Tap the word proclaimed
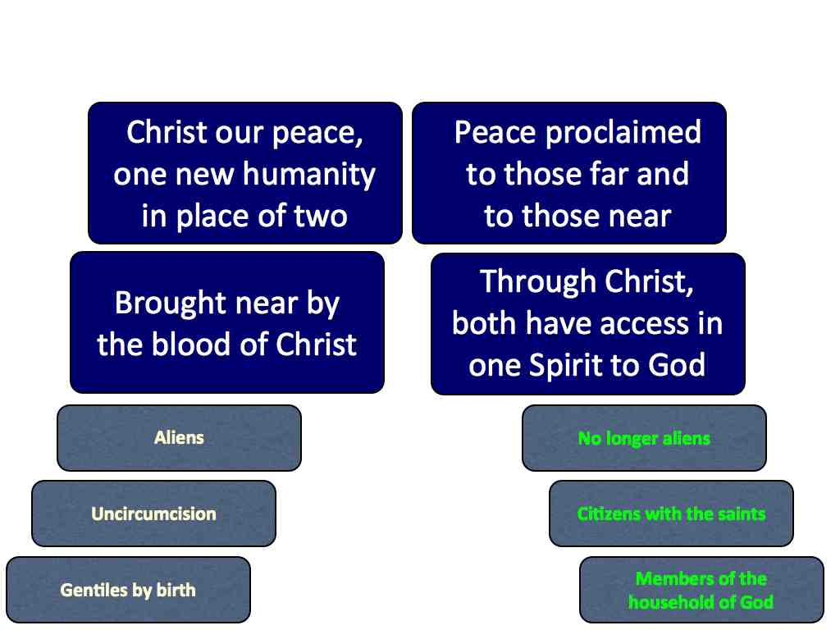click(623, 132)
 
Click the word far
click(609, 174)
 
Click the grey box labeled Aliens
click(179, 438)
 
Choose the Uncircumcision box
click(153, 514)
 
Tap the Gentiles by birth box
click(128, 590)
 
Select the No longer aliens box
click(645, 438)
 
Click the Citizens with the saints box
click(671, 514)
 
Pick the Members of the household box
click(702, 590)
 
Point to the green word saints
click(742, 514)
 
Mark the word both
click(484, 323)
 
